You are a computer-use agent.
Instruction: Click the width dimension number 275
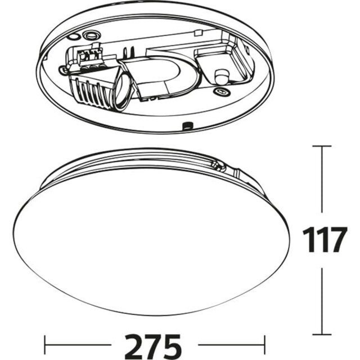pos(155,343)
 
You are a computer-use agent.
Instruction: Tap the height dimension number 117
pos(322,240)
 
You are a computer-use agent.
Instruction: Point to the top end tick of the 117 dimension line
pos(322,146)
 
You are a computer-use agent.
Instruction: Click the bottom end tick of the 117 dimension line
pos(322,334)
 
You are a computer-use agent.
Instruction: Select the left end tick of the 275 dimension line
pos(46,342)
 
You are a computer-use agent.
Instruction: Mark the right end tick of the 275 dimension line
pos(264,342)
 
